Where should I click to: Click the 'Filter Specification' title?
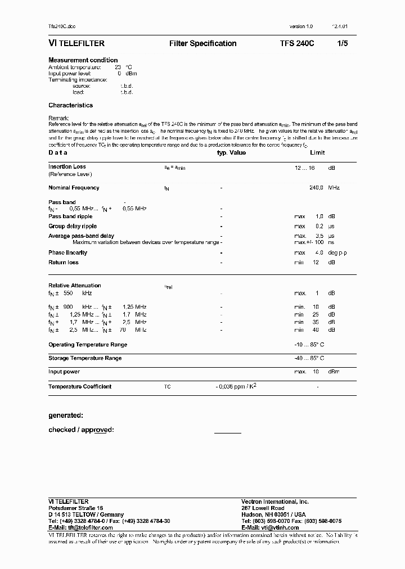click(x=202, y=43)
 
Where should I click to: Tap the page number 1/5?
click(x=343, y=43)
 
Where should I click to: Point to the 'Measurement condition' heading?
click(x=83, y=60)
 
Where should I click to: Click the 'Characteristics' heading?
click(x=70, y=105)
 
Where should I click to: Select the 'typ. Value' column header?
click(x=231, y=152)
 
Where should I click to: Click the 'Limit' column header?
click(x=317, y=152)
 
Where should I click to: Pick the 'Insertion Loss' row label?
click(x=67, y=166)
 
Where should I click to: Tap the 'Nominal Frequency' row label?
click(x=74, y=188)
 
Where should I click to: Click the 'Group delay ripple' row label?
click(x=73, y=226)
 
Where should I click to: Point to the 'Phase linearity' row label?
click(x=67, y=253)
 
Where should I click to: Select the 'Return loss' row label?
click(x=64, y=263)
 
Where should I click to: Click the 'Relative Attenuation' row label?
click(x=75, y=286)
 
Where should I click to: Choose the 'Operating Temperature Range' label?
click(x=88, y=345)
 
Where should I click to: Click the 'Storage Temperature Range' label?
click(x=85, y=358)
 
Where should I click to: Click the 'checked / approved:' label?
click(x=82, y=430)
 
